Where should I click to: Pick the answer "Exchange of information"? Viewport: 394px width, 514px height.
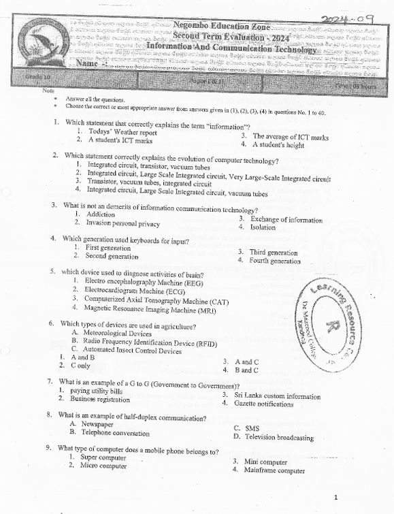pos(286,220)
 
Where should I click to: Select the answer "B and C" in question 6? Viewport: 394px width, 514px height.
pos(246,370)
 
